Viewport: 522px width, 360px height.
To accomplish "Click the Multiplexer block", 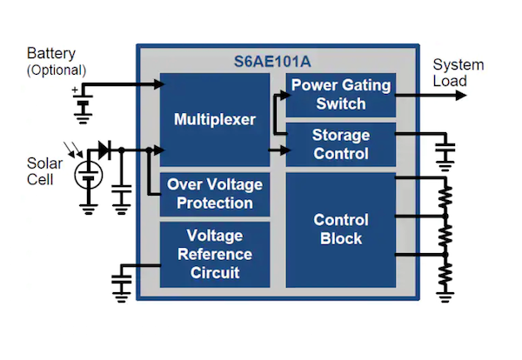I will point(215,119).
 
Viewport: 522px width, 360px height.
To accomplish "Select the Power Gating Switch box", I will point(340,95).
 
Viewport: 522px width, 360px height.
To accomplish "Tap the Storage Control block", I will point(340,145).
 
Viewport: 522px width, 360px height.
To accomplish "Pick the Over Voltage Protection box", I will point(215,193).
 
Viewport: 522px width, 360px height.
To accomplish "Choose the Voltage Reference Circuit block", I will point(215,254).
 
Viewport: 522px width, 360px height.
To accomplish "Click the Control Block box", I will point(340,230).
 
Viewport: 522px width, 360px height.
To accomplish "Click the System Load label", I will point(458,73).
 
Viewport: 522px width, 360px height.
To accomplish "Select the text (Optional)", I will point(57,70).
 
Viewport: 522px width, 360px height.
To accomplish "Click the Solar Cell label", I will point(44,171).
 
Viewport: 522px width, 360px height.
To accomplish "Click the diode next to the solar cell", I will point(105,150).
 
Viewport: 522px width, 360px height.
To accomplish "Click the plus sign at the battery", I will point(75,90).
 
